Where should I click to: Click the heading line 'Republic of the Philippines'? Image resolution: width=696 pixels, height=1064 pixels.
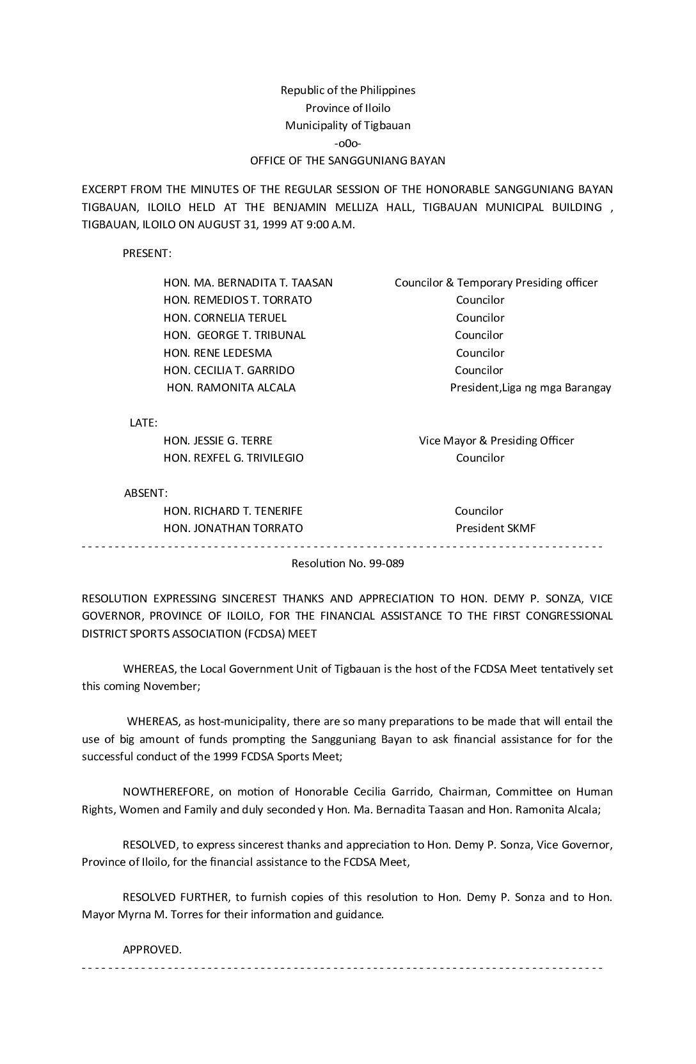(347, 90)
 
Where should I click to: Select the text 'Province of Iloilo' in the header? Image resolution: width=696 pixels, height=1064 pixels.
(347, 108)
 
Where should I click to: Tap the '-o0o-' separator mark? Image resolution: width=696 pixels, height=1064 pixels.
(347, 143)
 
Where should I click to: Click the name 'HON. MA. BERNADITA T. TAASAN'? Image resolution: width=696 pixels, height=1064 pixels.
(248, 283)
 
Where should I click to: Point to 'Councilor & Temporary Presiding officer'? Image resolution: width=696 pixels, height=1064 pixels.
(496, 283)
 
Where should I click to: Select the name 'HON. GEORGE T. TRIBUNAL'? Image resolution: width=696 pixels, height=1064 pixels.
(235, 335)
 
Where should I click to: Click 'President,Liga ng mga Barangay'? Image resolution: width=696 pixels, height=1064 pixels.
(530, 387)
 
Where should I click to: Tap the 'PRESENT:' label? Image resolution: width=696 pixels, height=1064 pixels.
(147, 253)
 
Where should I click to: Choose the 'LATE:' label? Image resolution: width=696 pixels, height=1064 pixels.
(144, 423)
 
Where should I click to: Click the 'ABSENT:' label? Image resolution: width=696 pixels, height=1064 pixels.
(146, 493)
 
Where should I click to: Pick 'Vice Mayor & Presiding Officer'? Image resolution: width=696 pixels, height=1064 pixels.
(496, 441)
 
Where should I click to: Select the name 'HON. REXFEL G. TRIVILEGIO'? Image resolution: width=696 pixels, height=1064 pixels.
(233, 458)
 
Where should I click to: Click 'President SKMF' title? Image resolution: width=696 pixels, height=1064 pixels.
(496, 528)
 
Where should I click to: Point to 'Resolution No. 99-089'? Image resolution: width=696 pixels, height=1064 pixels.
(347, 563)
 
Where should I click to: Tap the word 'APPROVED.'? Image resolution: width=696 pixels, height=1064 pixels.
(152, 950)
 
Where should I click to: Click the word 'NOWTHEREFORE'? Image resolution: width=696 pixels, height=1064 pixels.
(167, 792)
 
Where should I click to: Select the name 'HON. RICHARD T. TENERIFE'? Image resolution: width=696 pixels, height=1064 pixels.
(233, 511)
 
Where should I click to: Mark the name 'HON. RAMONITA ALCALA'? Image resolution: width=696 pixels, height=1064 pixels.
(231, 387)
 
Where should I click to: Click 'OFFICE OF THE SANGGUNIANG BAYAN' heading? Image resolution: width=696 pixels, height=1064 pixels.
(347, 160)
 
